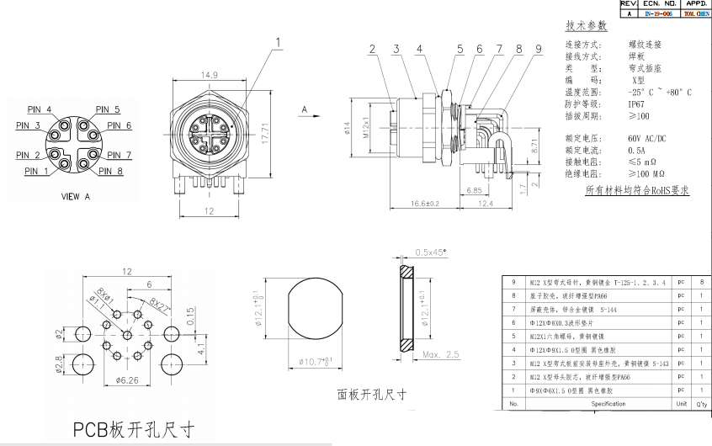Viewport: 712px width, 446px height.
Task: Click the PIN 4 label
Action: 37,110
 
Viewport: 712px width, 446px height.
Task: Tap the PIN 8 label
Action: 111,172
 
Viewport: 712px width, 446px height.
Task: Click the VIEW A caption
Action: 76,196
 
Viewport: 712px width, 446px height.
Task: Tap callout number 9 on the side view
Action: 537,49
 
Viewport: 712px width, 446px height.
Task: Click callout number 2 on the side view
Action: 371,49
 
